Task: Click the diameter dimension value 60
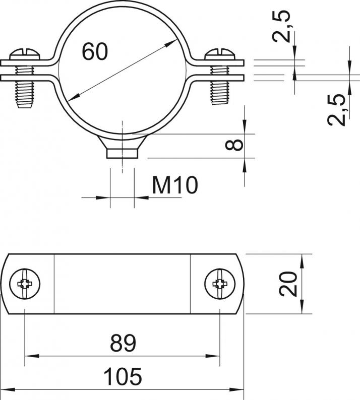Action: coord(95,52)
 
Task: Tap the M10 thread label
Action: coord(175,184)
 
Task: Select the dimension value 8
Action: coord(234,145)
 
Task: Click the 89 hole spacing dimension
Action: coord(123,343)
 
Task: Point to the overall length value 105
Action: coord(123,376)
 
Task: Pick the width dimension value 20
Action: coord(288,284)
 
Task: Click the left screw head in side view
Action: coord(25,54)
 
